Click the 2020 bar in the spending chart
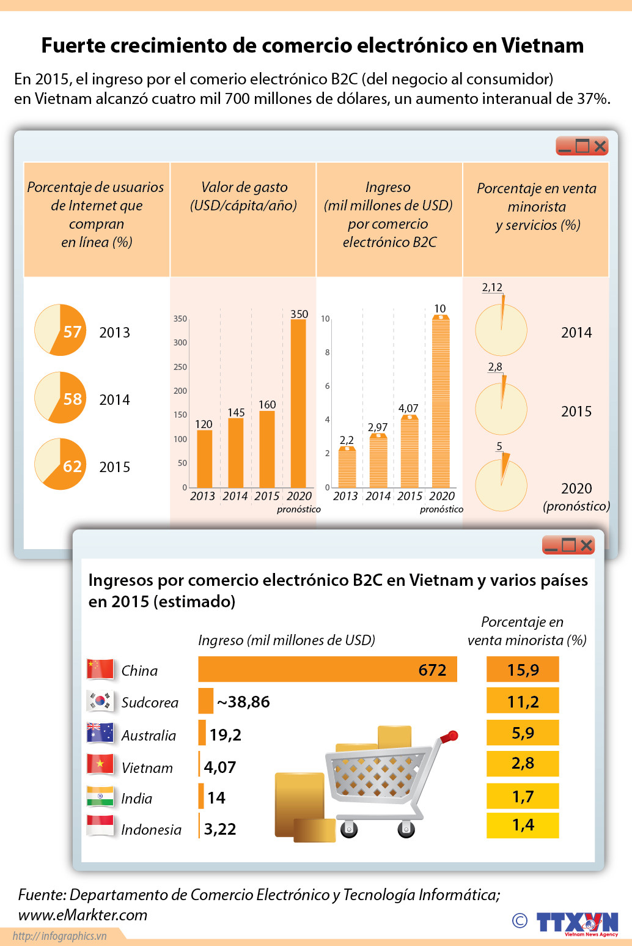(298, 404)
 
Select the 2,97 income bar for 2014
(378, 461)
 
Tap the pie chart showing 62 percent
(60, 464)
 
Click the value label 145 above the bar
(236, 413)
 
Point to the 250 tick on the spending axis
(180, 367)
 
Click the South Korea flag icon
(100, 701)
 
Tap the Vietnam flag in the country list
(100, 764)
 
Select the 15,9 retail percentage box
(523, 670)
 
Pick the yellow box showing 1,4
(523, 825)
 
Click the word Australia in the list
(149, 736)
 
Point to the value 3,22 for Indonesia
(220, 829)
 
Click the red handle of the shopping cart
(452, 735)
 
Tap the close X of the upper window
(600, 146)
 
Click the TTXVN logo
(577, 922)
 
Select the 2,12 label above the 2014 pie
(492, 287)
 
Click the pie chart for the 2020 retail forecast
(501, 486)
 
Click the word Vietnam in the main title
(542, 45)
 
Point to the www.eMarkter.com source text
(83, 915)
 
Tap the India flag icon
(100, 796)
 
